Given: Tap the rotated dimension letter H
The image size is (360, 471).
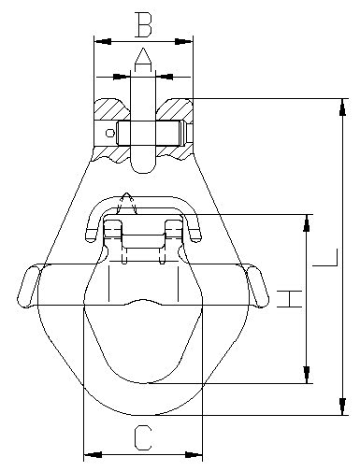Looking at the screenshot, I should point(292,299).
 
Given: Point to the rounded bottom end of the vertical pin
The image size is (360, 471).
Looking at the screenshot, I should point(142,166).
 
